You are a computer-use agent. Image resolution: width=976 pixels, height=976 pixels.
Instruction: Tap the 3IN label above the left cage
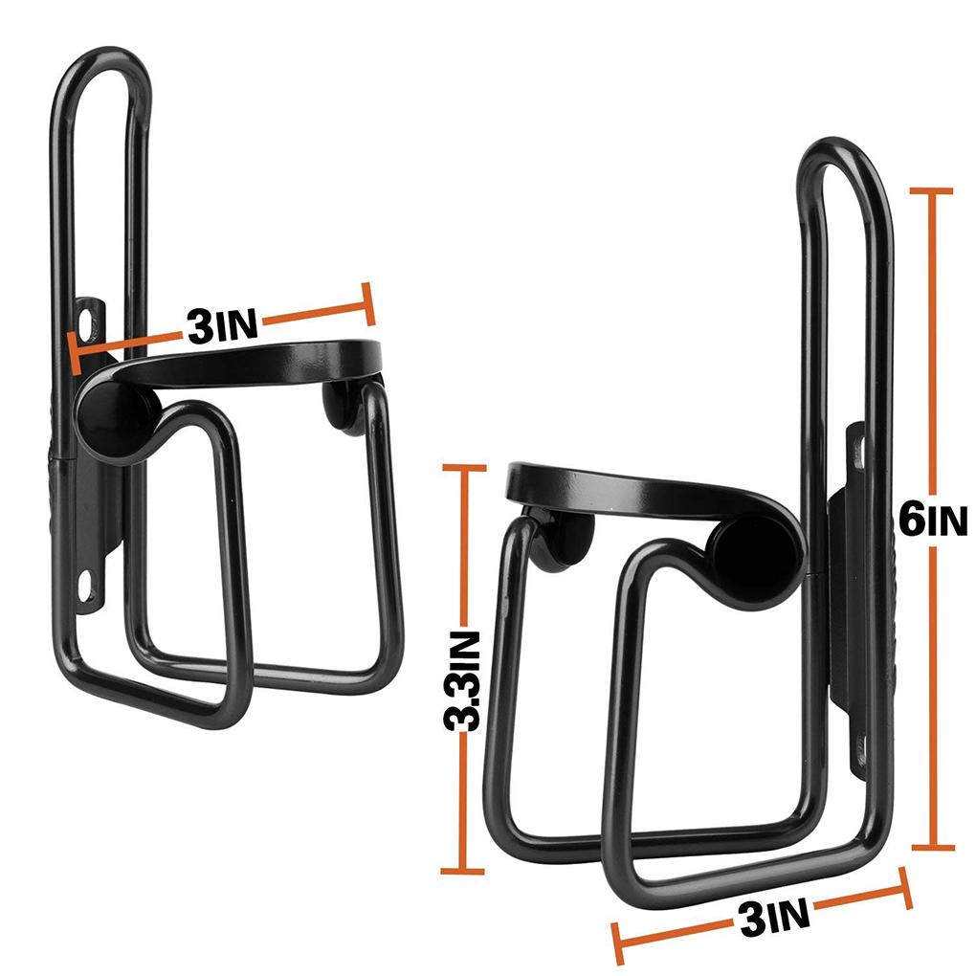[223, 326]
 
